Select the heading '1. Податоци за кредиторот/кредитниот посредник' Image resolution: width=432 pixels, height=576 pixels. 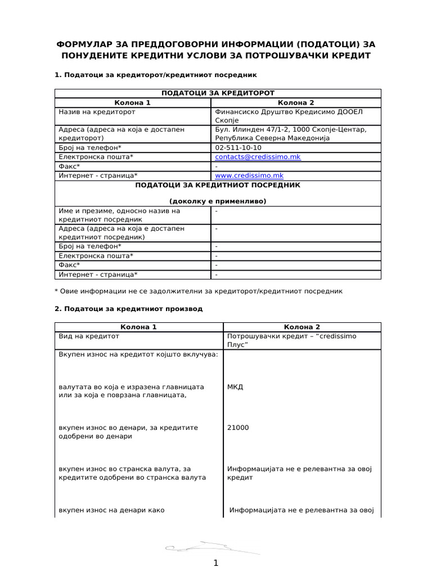click(156, 75)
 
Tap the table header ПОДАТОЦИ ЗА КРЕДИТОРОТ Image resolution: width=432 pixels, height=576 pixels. click(218, 93)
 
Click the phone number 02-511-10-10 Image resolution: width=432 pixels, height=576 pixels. click(238, 147)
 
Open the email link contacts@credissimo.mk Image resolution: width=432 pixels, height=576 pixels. click(258, 157)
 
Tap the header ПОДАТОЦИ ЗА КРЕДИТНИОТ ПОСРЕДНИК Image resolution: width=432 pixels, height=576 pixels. click(218, 184)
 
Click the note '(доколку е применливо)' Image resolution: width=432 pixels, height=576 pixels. click(218, 201)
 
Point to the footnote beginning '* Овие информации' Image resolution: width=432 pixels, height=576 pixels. click(198, 291)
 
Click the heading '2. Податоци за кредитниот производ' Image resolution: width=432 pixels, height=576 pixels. click(128, 309)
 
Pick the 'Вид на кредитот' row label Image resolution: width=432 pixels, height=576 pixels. click(89, 336)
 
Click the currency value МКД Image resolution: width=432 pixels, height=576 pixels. click(235, 387)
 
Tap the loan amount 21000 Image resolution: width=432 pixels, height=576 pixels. click(237, 427)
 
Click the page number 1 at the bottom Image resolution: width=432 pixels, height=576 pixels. click(216, 564)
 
